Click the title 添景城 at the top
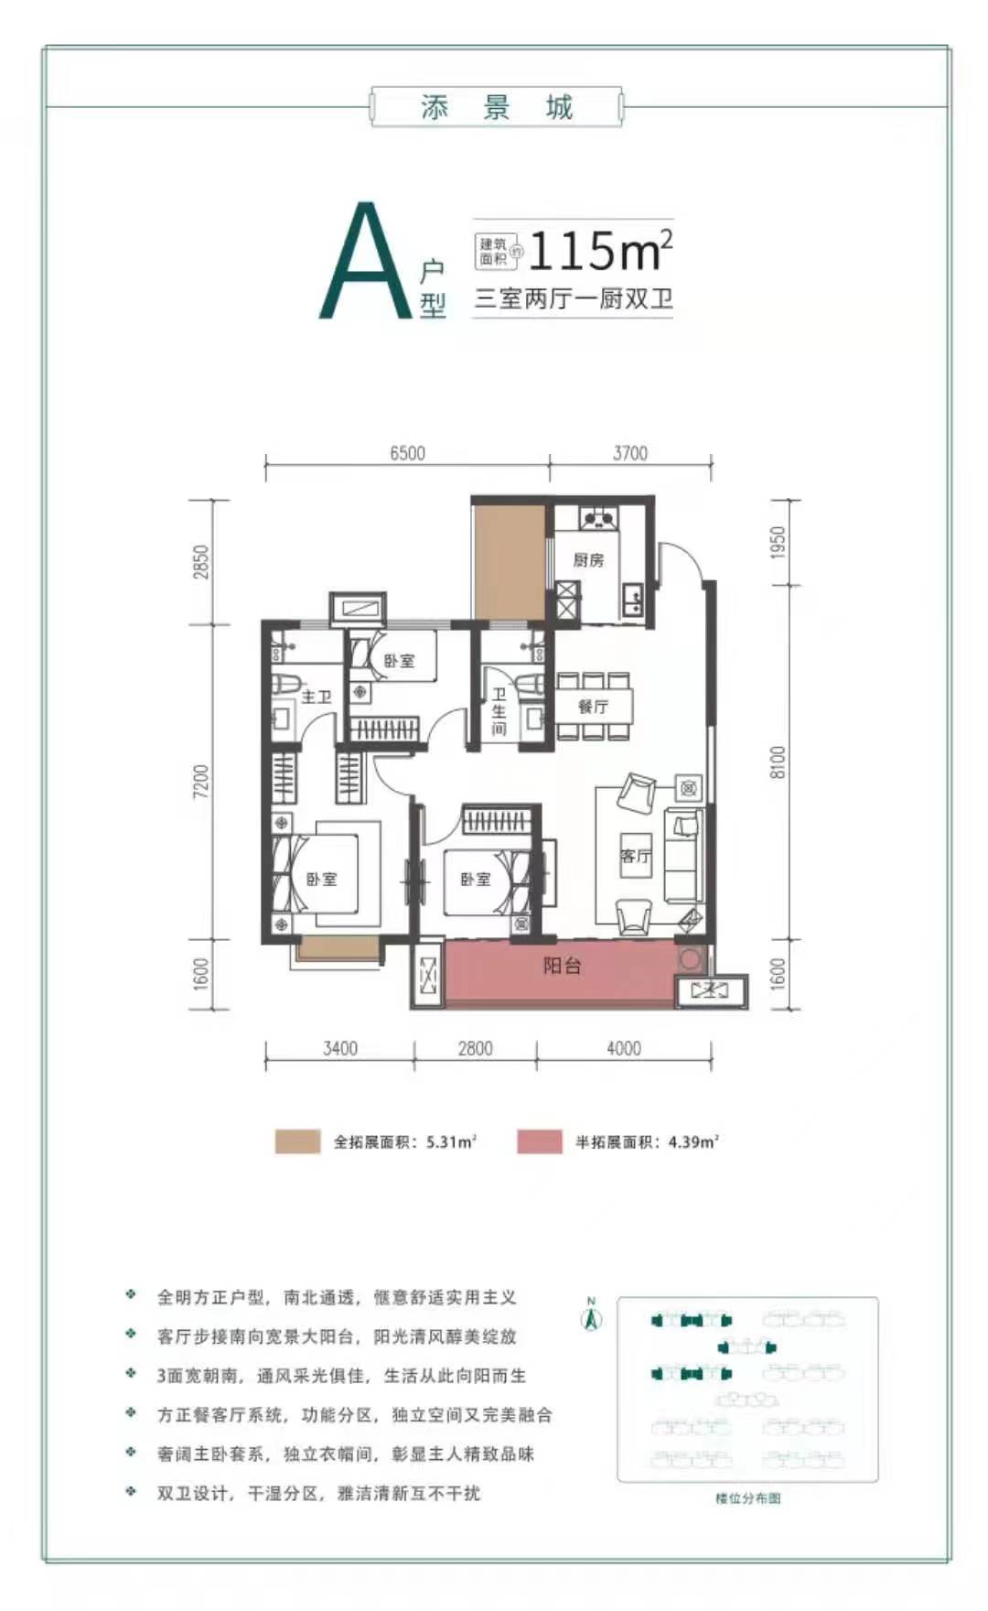tap(497, 108)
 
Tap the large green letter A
tap(366, 261)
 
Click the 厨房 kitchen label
tap(588, 560)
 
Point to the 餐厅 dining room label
tap(593, 707)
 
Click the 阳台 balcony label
tap(562, 966)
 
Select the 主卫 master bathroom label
tap(316, 697)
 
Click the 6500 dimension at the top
tap(407, 453)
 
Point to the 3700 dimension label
tap(630, 453)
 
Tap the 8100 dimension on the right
tap(778, 762)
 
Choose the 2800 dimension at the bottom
tap(475, 1049)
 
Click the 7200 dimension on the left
tap(201, 781)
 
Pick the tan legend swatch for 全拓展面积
tap(297, 1141)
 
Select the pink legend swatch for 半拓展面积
tap(540, 1141)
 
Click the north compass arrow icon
tap(592, 1318)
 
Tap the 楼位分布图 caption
tap(748, 1498)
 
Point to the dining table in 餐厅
tap(593, 706)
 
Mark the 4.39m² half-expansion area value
tap(693, 1141)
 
